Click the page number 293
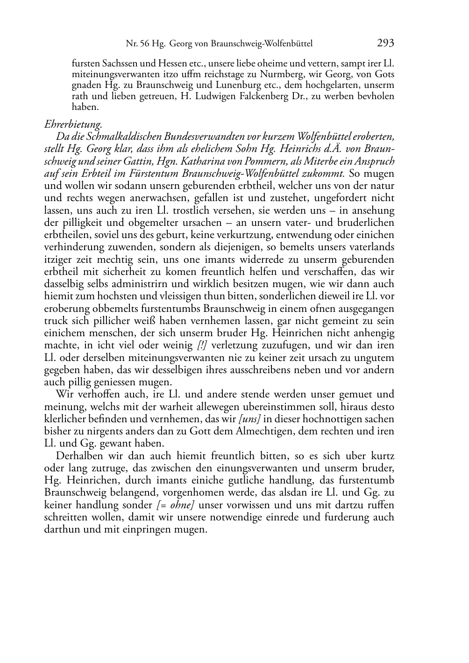(385, 43)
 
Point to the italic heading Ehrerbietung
(73, 124)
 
